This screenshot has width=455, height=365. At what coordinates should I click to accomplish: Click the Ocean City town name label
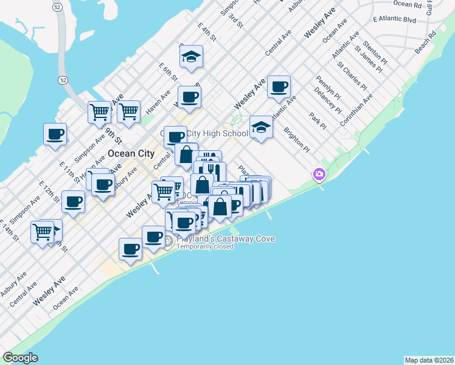[131, 153]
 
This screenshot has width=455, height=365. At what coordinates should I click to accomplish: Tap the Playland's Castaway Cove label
[225, 239]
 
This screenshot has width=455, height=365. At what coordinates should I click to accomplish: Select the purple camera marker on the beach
[319, 175]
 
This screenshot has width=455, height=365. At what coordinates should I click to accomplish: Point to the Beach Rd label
[426, 43]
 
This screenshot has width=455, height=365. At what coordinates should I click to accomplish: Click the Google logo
[21, 358]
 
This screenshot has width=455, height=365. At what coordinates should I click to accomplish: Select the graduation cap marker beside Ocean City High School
[261, 127]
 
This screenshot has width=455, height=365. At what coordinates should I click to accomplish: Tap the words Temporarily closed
[205, 246]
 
